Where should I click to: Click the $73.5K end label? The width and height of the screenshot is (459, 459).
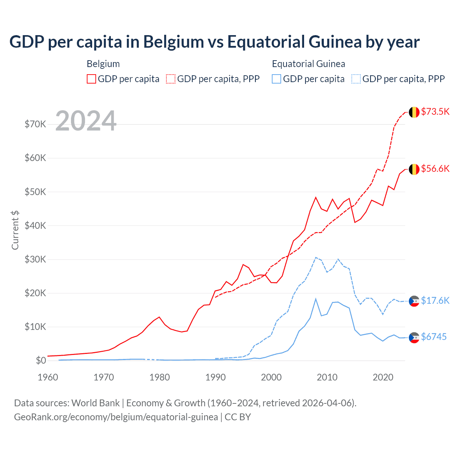click(x=435, y=112)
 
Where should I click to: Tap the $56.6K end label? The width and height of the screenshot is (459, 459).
click(x=435, y=169)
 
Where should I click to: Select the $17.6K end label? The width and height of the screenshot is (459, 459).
click(x=435, y=301)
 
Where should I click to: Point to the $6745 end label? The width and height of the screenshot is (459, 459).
click(x=434, y=337)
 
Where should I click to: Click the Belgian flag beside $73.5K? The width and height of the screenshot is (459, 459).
click(x=414, y=112)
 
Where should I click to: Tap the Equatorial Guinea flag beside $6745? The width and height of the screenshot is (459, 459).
click(x=414, y=337)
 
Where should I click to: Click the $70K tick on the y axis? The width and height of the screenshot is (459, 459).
click(x=35, y=124)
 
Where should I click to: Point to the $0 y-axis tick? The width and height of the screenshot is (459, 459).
click(x=41, y=360)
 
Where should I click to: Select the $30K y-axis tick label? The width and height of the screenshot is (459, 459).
click(x=35, y=259)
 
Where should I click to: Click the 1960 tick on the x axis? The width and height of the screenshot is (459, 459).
click(x=48, y=377)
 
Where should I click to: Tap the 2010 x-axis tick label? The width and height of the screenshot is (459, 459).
click(x=327, y=377)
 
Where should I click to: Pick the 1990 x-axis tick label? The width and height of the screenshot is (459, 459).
click(x=216, y=377)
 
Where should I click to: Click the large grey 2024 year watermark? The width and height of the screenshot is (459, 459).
click(x=86, y=121)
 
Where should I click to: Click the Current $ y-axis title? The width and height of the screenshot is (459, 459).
click(x=15, y=230)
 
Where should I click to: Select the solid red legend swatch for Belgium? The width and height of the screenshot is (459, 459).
click(x=91, y=79)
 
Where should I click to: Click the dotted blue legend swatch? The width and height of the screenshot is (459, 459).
click(x=356, y=79)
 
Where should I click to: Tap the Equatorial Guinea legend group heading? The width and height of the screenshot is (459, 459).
click(x=308, y=64)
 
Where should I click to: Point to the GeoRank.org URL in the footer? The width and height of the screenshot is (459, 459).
click(x=116, y=417)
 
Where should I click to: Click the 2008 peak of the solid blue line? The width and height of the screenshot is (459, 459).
click(x=316, y=299)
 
